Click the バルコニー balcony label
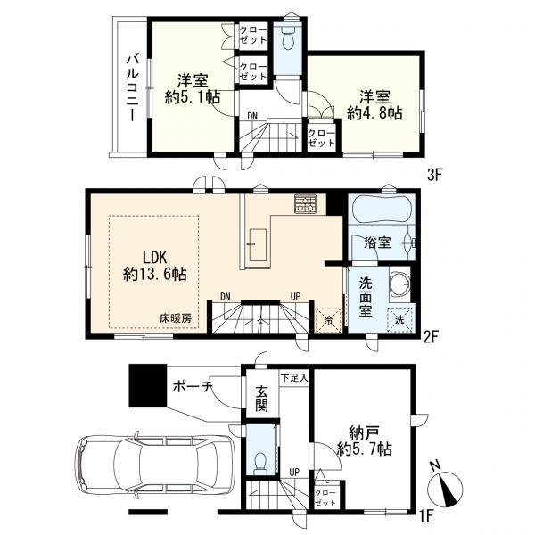coord(132,88)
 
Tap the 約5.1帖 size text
coord(193,97)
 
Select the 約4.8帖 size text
coord(374,113)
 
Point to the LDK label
coord(154,258)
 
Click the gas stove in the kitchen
coord(306,203)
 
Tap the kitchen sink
coord(258,244)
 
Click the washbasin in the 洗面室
coord(399,283)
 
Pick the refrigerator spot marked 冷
coord(328,320)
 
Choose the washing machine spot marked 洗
coord(399,320)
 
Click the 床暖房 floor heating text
coord(176,318)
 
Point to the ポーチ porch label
coord(193,387)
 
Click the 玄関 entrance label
coord(261,399)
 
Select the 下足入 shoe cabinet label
coord(294,378)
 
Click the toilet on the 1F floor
coord(261,463)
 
